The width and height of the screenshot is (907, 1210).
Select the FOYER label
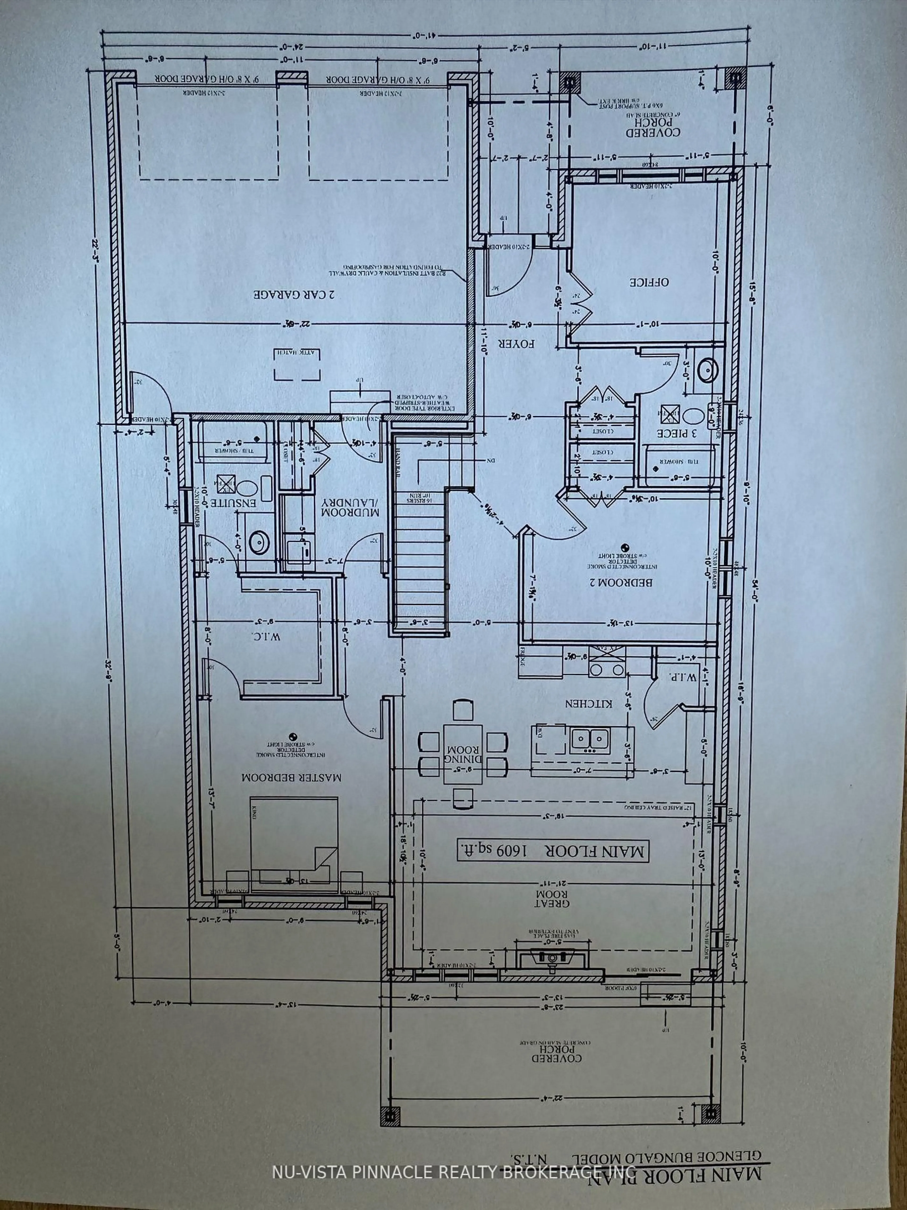pyautogui.click(x=516, y=344)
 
